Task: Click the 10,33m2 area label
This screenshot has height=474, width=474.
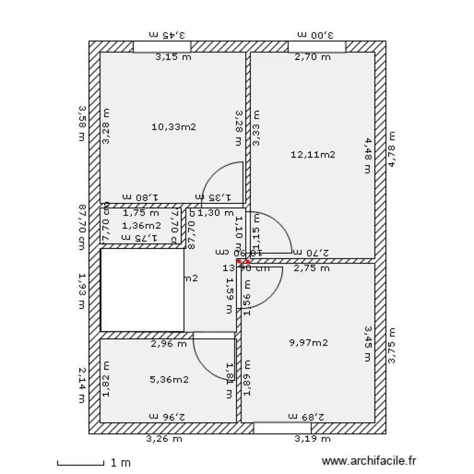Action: click(x=174, y=126)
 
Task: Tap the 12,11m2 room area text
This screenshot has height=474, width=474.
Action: click(x=312, y=154)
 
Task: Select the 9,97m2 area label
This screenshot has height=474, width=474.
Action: click(x=308, y=343)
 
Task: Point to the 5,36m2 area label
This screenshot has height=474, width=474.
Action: click(x=169, y=379)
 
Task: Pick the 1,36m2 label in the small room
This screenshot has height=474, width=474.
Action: click(x=142, y=225)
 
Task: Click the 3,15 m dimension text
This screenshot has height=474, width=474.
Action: click(x=173, y=58)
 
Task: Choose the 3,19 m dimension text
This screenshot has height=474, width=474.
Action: click(x=312, y=438)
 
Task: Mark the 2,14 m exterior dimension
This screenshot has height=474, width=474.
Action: click(x=82, y=384)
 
